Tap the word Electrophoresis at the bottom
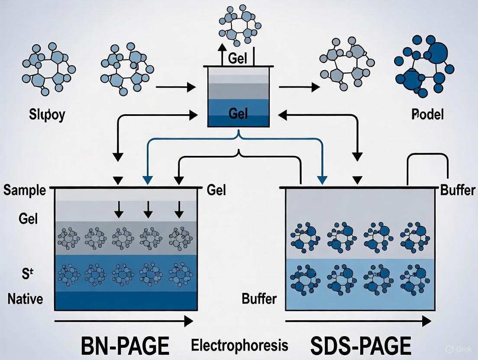[239, 345]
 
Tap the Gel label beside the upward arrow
[239, 59]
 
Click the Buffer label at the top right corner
[458, 190]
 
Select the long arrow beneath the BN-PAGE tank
[123, 321]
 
